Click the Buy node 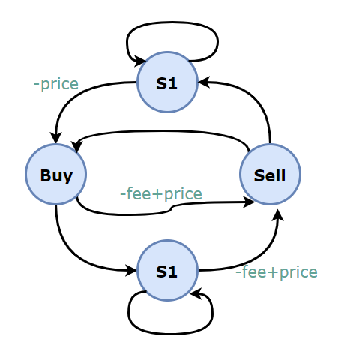tap(56, 175)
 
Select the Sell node tap(270, 175)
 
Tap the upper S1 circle tap(167, 82)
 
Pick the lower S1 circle tap(167, 271)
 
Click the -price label tap(56, 84)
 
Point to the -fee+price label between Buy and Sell tap(161, 193)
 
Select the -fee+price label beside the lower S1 tap(277, 271)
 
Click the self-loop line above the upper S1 tap(172, 22)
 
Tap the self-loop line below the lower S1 tap(170, 334)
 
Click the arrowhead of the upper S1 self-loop tap(140, 61)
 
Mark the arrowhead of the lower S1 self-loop tap(196, 293)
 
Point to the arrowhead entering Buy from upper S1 tap(55, 138)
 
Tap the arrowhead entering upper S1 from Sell tap(204, 82)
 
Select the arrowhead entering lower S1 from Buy tap(131, 270)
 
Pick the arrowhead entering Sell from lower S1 tap(278, 215)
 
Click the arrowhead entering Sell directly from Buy tap(249, 202)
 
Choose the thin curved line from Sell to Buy tap(163, 130)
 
